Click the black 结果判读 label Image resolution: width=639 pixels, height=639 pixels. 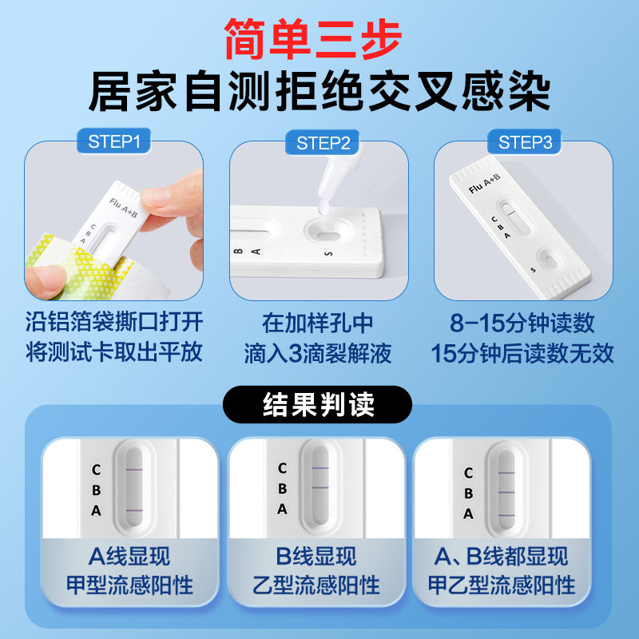pyautogui.click(x=319, y=405)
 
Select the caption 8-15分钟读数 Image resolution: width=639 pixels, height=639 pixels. pyautogui.click(x=523, y=323)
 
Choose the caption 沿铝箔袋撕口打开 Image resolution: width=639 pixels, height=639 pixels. pyautogui.click(x=113, y=323)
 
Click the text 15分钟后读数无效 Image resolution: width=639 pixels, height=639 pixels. pyautogui.click(x=523, y=352)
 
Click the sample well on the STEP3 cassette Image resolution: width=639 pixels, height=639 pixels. pyautogui.click(x=550, y=260)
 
